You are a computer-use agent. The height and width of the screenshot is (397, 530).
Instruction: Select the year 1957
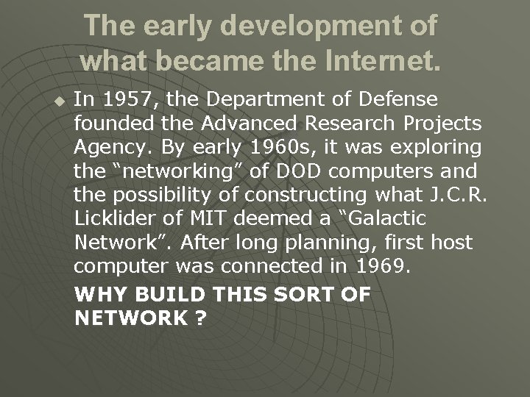[121, 99]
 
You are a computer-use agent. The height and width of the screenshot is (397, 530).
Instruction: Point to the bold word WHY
[100, 294]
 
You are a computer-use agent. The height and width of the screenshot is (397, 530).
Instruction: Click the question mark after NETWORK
[199, 318]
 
